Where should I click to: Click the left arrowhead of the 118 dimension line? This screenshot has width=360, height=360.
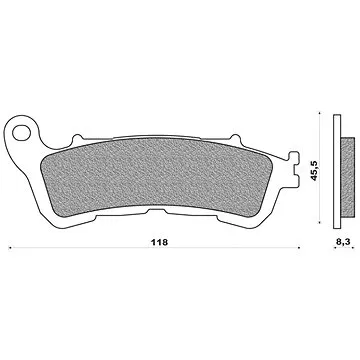pyautogui.click(x=9, y=247)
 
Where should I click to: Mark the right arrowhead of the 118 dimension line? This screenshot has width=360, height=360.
pyautogui.click(x=303, y=247)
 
